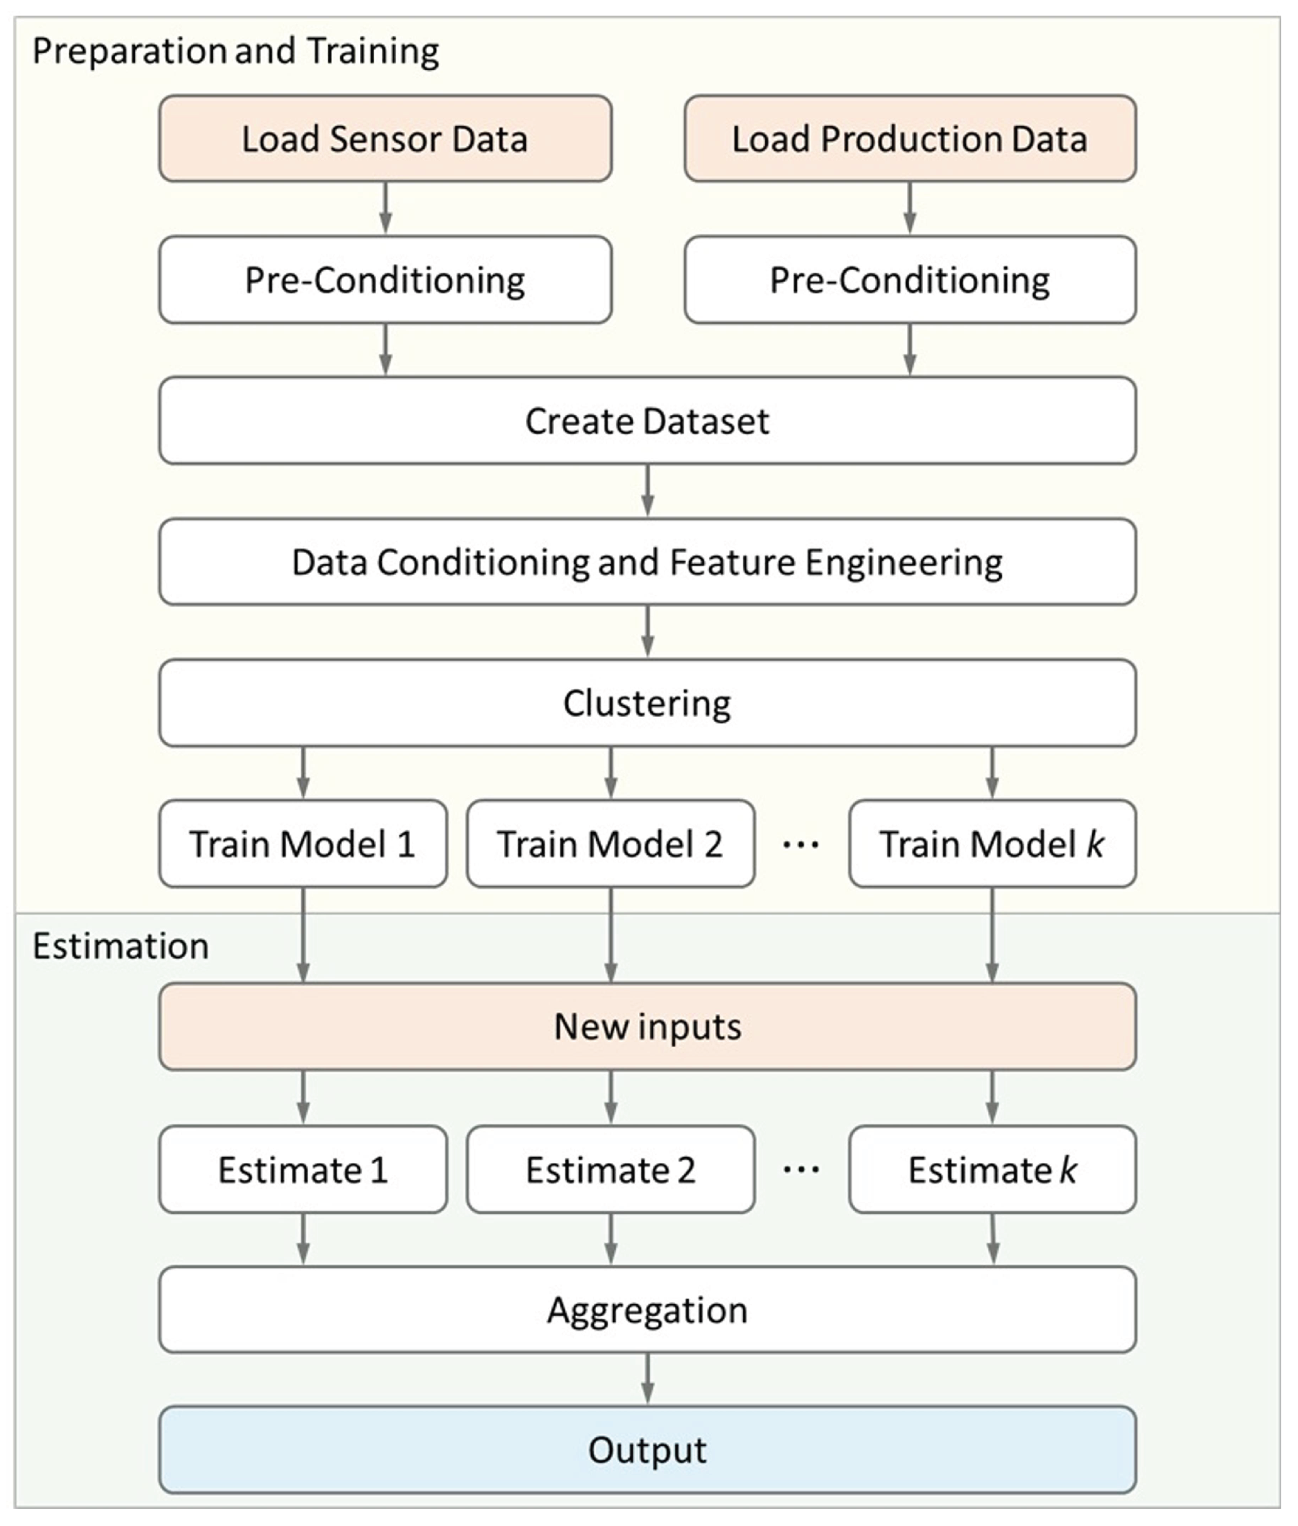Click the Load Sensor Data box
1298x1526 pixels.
point(385,138)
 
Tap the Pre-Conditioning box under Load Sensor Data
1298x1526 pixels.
point(385,279)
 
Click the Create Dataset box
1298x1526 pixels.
point(647,421)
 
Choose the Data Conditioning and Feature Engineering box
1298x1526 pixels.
point(647,562)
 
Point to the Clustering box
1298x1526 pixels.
point(647,703)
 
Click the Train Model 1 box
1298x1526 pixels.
point(302,844)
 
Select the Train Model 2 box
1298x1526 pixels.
point(610,844)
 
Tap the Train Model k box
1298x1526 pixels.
point(992,844)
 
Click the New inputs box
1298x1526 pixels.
point(647,1026)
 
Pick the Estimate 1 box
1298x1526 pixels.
point(302,1169)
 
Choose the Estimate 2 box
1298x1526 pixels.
point(610,1169)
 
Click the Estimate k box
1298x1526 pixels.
point(992,1169)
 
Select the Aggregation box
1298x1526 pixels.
point(647,1310)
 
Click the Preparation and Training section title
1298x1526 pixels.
point(235,51)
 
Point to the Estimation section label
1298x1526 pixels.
point(121,946)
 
